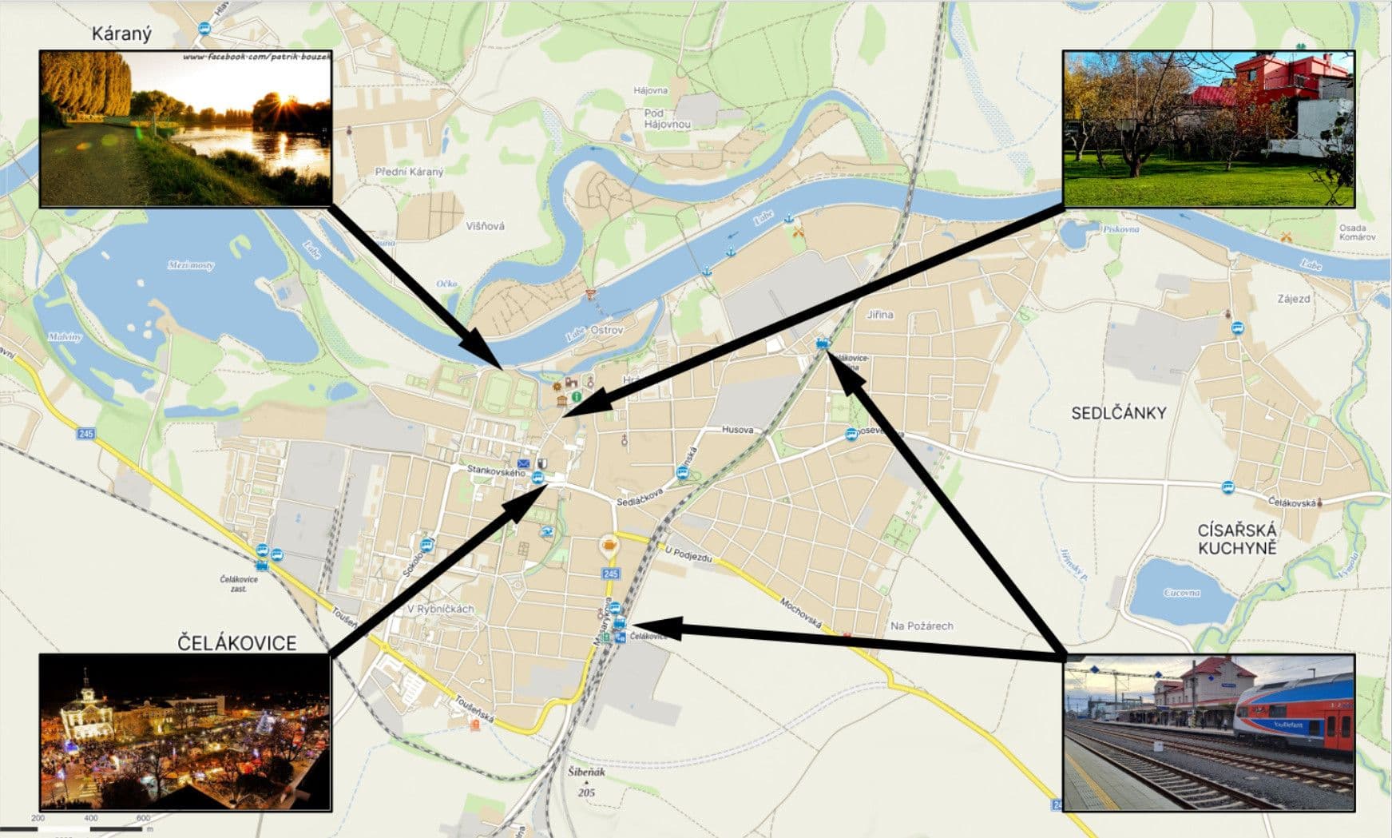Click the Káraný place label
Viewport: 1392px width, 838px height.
pos(121,34)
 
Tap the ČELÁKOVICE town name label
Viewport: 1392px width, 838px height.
pos(236,643)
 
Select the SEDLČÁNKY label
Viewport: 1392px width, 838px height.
pos(1118,413)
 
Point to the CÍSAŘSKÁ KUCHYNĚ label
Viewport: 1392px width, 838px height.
pos(1237,539)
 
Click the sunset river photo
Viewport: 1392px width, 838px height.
pos(185,129)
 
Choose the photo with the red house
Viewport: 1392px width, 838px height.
pos(1208,129)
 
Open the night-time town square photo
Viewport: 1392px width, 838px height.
pos(185,732)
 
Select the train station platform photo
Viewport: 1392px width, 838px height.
pos(1208,732)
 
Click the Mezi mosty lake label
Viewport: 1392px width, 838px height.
pos(191,265)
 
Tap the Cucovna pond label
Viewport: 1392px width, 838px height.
pos(1182,593)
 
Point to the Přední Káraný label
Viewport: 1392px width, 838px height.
pos(409,172)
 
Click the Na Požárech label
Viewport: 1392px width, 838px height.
pos(922,626)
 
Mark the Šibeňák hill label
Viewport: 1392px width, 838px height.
pos(586,772)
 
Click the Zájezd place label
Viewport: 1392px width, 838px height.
pos(1293,299)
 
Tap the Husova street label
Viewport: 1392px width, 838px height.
pos(737,430)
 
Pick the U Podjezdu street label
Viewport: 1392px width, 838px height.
pos(688,554)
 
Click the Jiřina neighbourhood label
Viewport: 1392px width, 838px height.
pos(880,315)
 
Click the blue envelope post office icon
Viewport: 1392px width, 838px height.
pos(523,463)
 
